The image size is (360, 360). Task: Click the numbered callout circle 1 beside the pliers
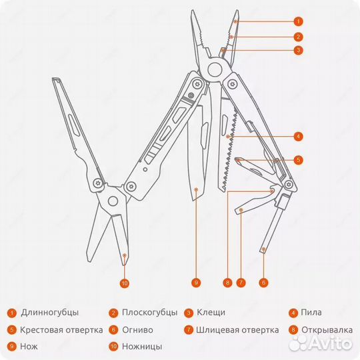click(x=298, y=22)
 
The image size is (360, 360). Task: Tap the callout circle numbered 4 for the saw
click(x=298, y=137)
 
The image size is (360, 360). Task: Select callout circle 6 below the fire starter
click(x=263, y=283)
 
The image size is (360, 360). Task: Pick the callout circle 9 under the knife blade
click(x=196, y=283)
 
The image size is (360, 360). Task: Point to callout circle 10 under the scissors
click(x=125, y=283)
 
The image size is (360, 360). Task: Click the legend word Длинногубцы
click(x=49, y=312)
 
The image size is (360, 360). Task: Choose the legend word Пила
click(x=311, y=312)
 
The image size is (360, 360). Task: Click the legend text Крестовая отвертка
click(x=61, y=329)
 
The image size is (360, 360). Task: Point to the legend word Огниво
click(x=137, y=329)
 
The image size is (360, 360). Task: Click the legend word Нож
click(x=29, y=346)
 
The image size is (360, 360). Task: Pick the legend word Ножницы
click(x=141, y=346)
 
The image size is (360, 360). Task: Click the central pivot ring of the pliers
click(x=215, y=69)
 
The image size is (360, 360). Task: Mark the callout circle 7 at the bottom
click(x=241, y=283)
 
